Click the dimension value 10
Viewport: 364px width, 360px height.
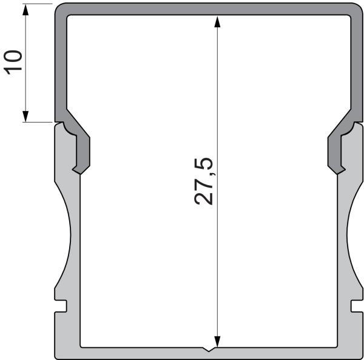(13, 62)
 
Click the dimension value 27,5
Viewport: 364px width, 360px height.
(204, 181)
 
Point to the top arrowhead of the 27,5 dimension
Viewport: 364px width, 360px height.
(217, 20)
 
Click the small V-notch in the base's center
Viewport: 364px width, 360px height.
(209, 350)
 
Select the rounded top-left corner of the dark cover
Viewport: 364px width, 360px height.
(61, 10)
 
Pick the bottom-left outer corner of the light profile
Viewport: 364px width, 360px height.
(56, 356)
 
